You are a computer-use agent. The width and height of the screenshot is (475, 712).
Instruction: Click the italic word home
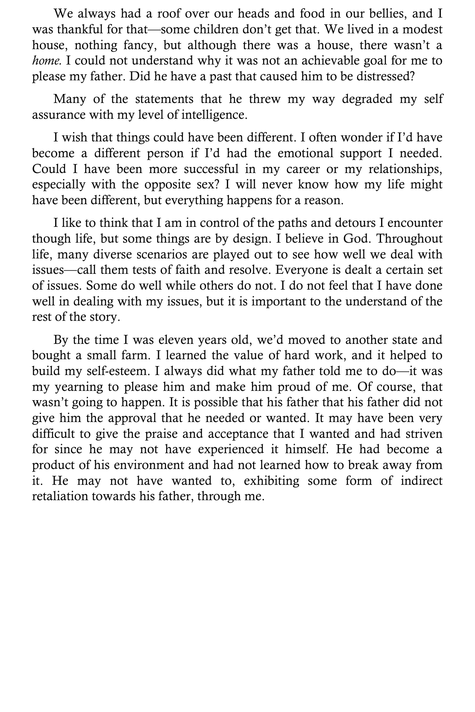tap(47, 61)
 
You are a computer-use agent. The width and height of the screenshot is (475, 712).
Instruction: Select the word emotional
tap(305, 153)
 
